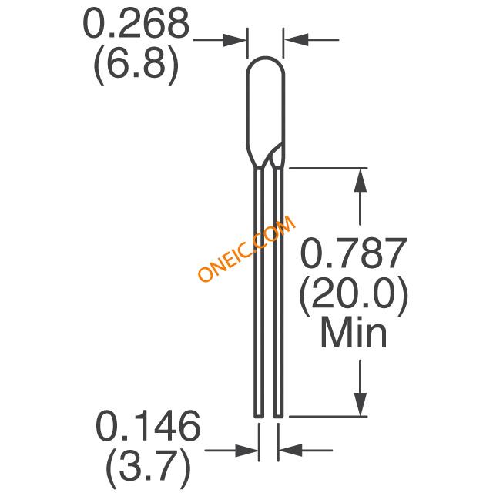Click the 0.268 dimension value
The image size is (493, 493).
click(x=136, y=23)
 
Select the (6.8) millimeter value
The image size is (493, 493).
click(x=136, y=65)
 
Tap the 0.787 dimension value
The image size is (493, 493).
click(x=354, y=253)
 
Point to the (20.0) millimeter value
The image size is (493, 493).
click(x=354, y=294)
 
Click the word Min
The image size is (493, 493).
click(x=354, y=332)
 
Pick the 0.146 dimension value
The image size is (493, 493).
click(x=148, y=425)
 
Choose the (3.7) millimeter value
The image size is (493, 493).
click(x=148, y=467)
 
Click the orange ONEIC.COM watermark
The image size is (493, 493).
click(x=246, y=248)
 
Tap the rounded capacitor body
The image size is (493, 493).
click(x=265, y=112)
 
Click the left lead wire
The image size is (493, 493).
click(x=259, y=293)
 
